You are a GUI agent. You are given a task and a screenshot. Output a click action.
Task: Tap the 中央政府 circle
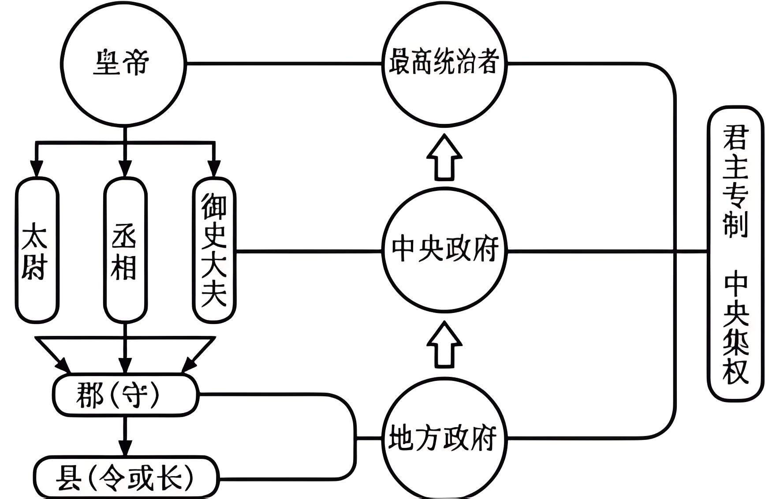click(444, 250)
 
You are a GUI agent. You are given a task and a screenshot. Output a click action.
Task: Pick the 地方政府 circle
click(444, 439)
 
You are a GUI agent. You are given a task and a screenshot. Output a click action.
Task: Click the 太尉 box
click(37, 250)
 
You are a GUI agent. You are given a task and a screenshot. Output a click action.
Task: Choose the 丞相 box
click(125, 250)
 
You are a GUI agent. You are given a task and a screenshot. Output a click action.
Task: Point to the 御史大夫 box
click(214, 250)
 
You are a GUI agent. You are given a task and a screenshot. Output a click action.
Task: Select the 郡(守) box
click(125, 394)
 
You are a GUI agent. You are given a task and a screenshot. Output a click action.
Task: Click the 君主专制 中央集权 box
click(735, 253)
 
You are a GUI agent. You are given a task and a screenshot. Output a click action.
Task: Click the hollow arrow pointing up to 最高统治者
click(444, 158)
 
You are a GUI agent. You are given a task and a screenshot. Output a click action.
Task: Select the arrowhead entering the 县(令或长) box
click(126, 447)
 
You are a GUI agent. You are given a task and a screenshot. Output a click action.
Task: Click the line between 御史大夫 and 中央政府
click(309, 252)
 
